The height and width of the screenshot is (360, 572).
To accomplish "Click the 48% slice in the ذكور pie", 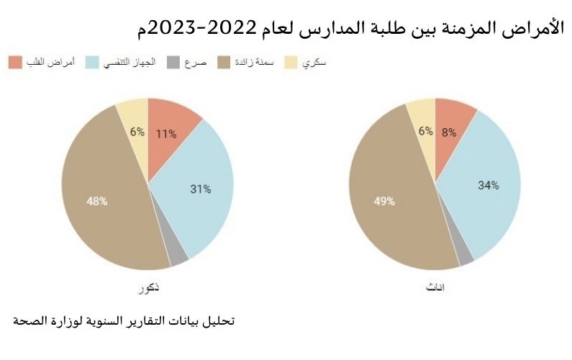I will point(97,201).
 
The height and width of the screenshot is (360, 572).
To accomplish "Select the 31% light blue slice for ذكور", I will point(201,189).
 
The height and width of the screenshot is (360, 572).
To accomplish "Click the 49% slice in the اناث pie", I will point(385,202).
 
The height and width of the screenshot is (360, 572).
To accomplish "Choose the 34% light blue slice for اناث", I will point(489,185).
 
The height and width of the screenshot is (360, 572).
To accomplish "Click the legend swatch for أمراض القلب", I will point(15,62).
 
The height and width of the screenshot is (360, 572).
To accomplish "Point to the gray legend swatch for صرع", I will point(172,62).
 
